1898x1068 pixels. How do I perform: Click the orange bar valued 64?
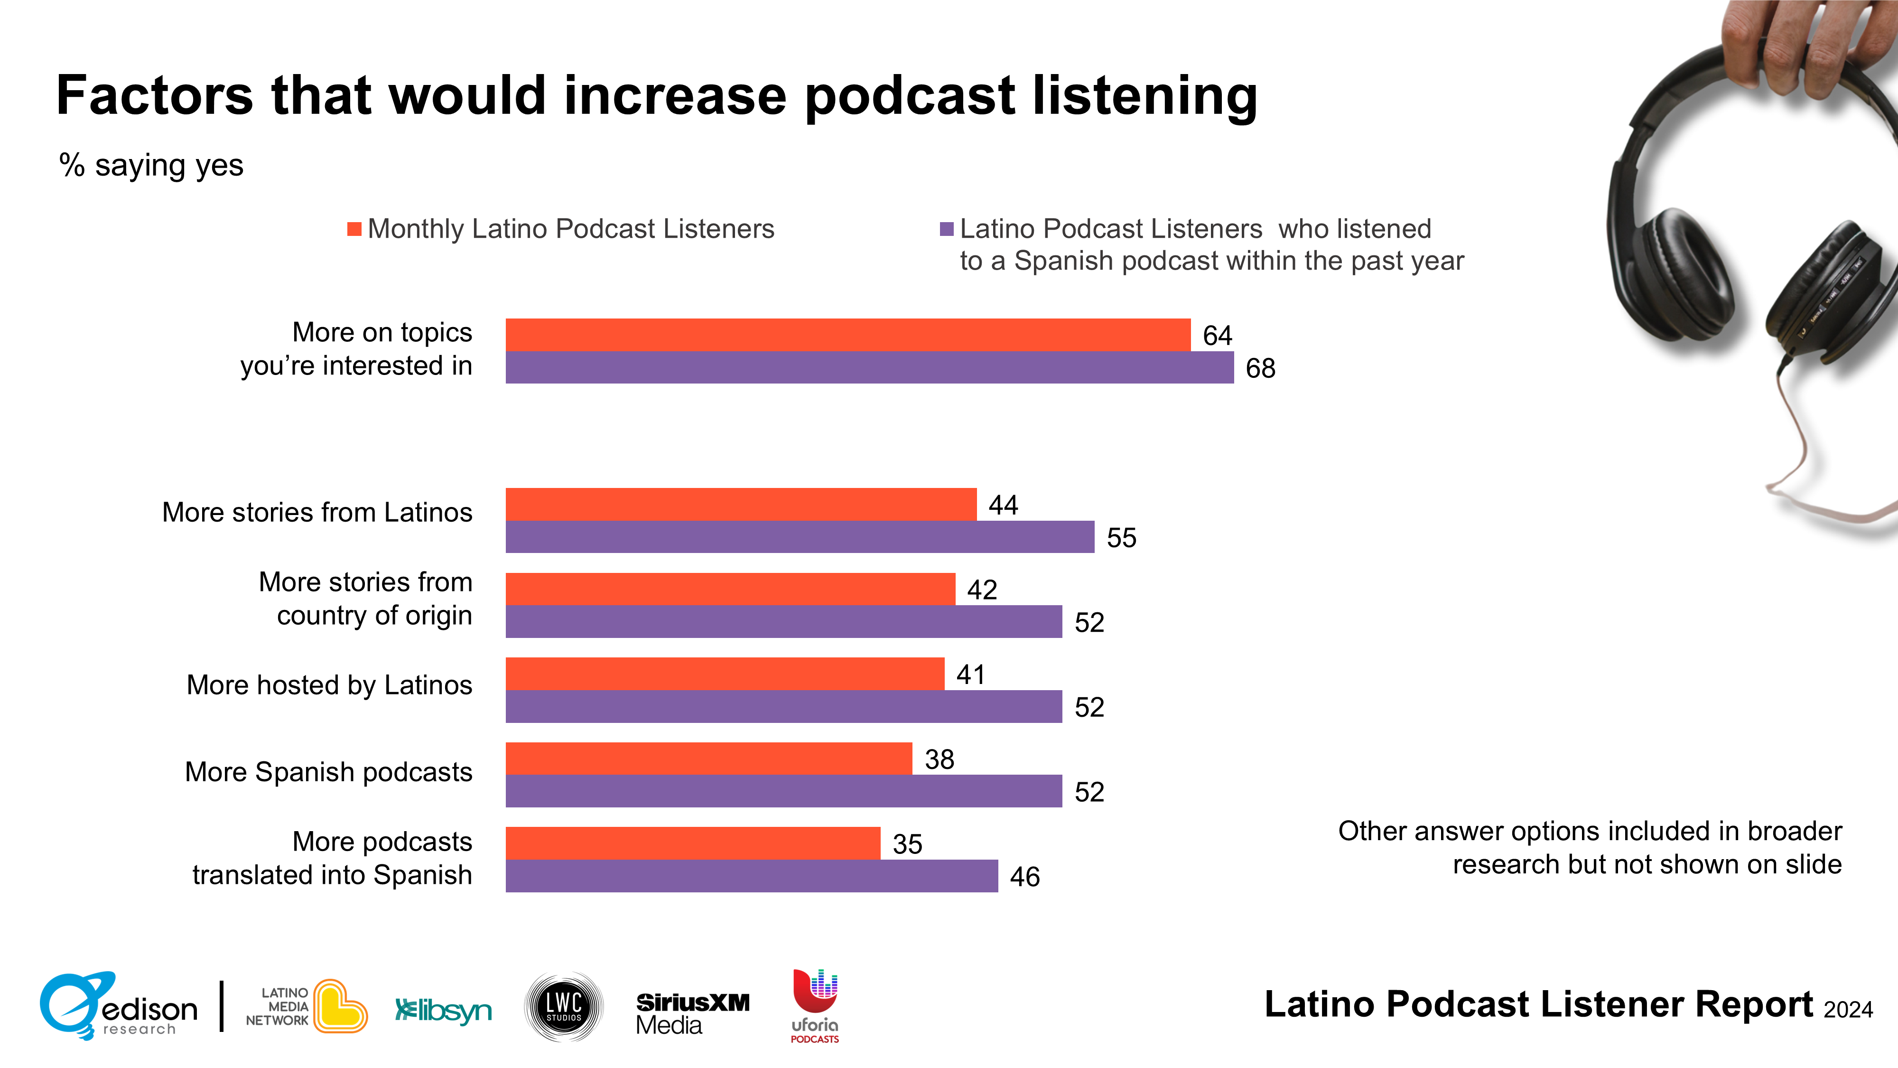click(x=847, y=335)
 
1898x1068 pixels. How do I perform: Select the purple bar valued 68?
click(x=869, y=367)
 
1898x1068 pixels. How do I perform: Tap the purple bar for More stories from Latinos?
click(x=800, y=536)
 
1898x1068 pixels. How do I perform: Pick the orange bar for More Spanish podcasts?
click(x=709, y=759)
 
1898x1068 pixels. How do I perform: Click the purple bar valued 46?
click(x=752, y=876)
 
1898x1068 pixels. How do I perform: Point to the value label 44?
click(x=1003, y=505)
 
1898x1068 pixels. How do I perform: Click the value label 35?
click(x=907, y=844)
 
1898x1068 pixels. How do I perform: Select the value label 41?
click(x=970, y=675)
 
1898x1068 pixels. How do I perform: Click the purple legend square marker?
click(x=947, y=229)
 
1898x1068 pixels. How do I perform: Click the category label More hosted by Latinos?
click(x=329, y=685)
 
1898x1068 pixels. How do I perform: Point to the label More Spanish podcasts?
click(x=329, y=772)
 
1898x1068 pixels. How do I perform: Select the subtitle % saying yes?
click(x=151, y=165)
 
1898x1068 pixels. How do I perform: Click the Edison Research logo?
click(x=118, y=1006)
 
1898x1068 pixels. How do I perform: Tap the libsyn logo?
click(x=444, y=1010)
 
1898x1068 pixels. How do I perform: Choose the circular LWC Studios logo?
click(x=564, y=1007)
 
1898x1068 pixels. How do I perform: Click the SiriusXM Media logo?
click(x=693, y=1013)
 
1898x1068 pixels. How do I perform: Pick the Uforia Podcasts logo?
click(x=815, y=1006)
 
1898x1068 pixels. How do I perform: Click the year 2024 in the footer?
click(x=1848, y=1009)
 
